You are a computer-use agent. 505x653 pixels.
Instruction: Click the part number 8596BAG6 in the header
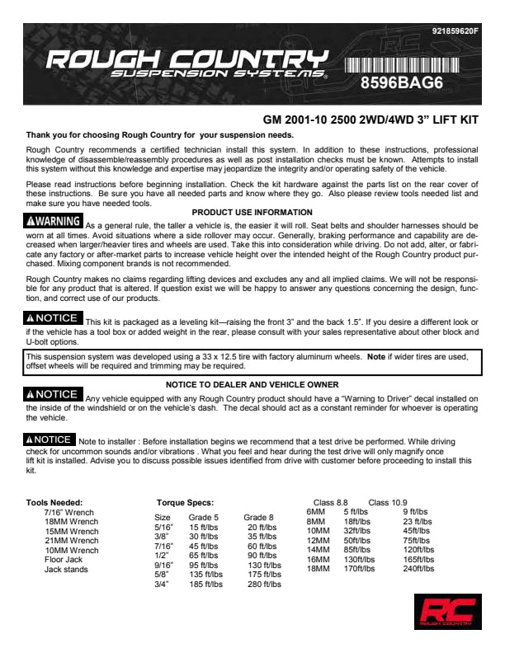click(x=408, y=83)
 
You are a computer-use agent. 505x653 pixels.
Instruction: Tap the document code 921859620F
click(x=455, y=31)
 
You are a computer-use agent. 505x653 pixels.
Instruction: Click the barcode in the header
click(x=408, y=65)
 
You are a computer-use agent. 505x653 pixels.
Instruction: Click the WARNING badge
click(x=54, y=222)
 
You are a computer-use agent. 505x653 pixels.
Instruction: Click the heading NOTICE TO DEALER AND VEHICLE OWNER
click(x=252, y=384)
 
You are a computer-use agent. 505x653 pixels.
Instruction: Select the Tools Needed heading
click(x=54, y=502)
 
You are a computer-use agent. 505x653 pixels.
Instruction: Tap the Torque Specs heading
click(x=185, y=502)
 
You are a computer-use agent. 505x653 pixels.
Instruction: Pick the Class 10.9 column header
click(x=387, y=502)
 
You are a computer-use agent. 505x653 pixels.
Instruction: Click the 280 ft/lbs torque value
click(x=265, y=585)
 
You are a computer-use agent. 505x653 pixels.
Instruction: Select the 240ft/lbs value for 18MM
click(x=420, y=568)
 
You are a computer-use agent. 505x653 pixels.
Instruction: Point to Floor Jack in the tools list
click(x=64, y=560)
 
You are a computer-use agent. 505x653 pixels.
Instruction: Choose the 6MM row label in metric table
click(x=316, y=511)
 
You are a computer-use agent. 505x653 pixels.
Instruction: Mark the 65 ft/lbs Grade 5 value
click(x=205, y=556)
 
